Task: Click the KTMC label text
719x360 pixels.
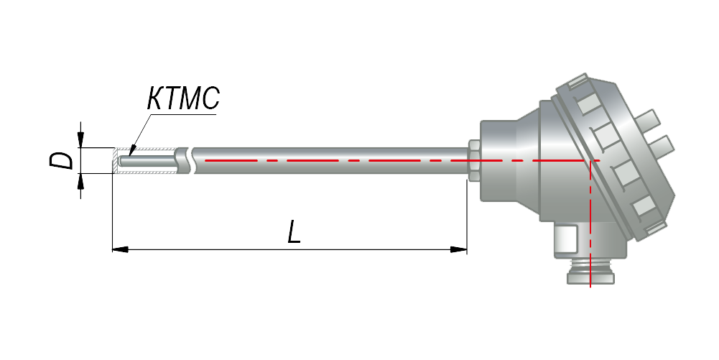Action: [183, 98]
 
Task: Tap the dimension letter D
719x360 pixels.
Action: [62, 161]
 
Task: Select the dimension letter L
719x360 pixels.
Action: [294, 232]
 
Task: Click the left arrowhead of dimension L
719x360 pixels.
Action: [120, 249]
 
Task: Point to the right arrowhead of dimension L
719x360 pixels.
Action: [458, 249]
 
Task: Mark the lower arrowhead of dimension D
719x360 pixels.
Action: [80, 181]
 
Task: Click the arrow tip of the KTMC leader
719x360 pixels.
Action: [131, 154]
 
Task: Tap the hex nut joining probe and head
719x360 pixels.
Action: [474, 160]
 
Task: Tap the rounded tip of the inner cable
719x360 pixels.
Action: [120, 161]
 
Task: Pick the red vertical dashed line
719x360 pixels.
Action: [590, 223]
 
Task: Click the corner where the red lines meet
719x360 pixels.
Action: [590, 160]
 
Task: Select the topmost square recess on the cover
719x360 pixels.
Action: [585, 107]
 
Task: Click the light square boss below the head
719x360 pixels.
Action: [565, 239]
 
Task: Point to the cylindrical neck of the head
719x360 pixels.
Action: [499, 160]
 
